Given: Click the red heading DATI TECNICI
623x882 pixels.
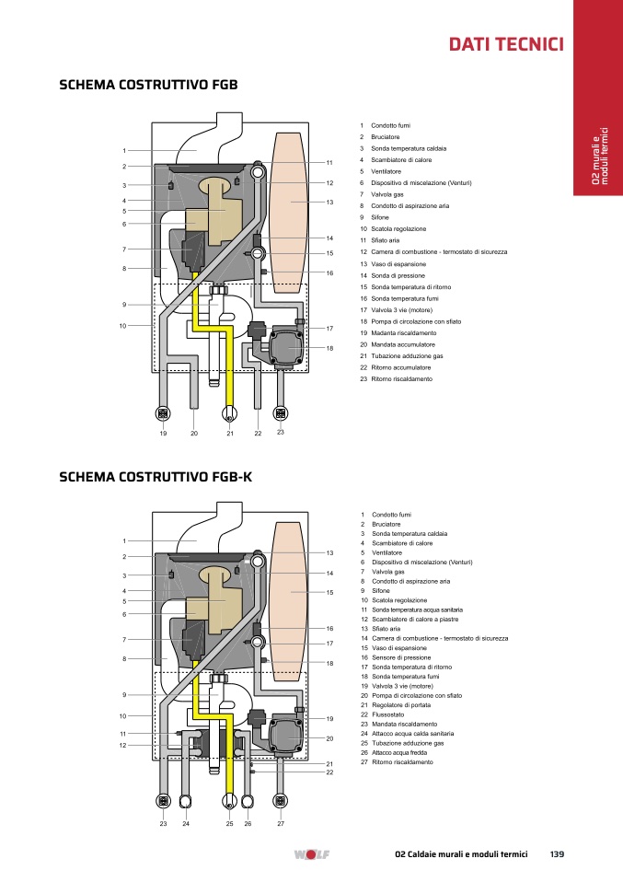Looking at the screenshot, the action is (506, 44).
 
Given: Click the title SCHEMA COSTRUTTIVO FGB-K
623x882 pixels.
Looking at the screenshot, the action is (156, 477).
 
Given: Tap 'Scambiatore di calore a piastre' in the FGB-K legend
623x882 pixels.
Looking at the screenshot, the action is (415, 620).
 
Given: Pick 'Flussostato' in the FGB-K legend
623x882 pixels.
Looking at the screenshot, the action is (388, 714).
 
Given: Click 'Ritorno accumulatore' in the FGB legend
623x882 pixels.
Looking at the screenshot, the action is (401, 367).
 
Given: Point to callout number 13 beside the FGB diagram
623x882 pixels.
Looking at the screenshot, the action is (329, 202).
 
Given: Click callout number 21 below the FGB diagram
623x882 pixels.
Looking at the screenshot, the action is (230, 434).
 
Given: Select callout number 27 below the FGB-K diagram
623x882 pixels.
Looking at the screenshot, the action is (281, 823).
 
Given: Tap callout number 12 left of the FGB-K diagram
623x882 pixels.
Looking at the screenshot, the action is (122, 746).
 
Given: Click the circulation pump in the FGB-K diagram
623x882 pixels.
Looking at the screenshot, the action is (287, 736).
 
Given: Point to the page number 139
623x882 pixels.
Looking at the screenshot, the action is (557, 853).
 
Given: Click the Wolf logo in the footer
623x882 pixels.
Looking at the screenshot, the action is (311, 854).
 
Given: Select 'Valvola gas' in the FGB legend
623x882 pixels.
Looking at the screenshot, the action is (387, 194).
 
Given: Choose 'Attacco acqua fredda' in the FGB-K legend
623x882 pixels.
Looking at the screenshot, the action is (399, 752).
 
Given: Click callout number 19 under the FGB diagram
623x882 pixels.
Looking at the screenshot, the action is (163, 434).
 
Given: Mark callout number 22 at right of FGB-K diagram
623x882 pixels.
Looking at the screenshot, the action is (329, 772).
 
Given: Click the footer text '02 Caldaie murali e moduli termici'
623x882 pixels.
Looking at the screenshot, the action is (461, 853).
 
